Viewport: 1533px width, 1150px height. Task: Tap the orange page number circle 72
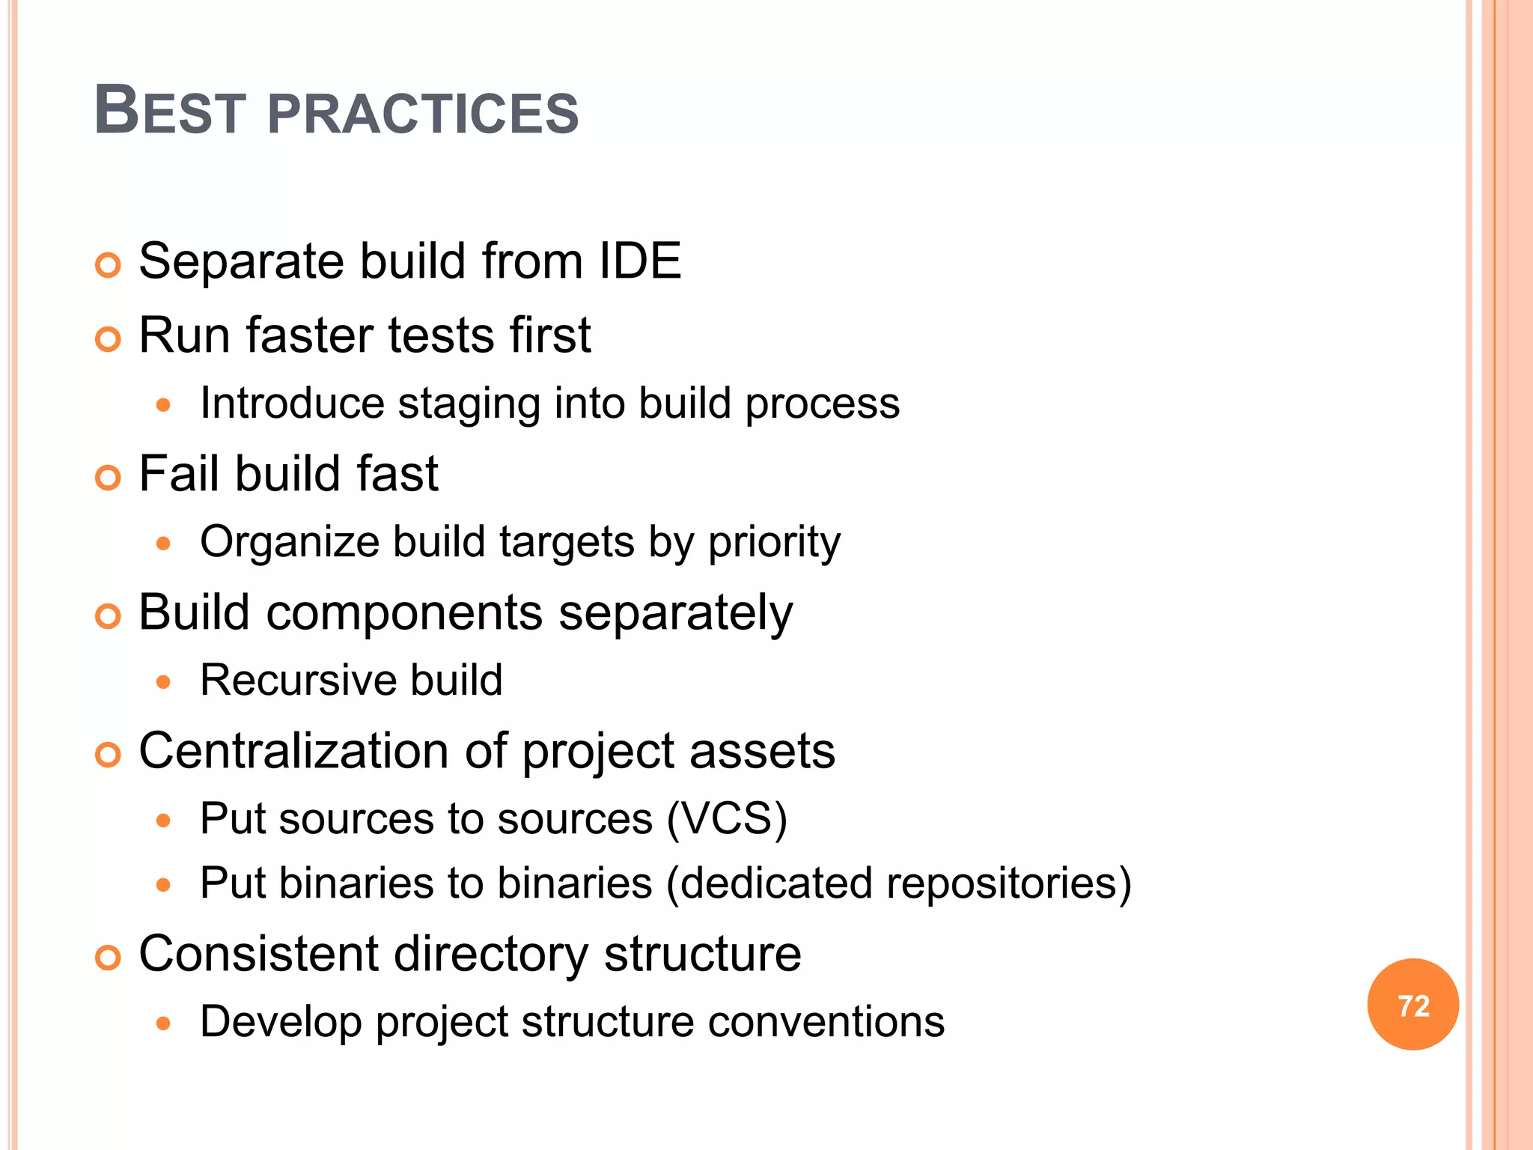[x=1412, y=1005]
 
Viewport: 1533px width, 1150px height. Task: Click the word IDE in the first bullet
[x=640, y=261]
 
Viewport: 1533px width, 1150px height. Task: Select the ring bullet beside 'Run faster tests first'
[x=109, y=339]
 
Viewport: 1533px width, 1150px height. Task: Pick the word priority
[x=774, y=543]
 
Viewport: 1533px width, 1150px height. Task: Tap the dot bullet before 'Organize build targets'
[x=164, y=544]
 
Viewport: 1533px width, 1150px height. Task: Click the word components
[x=405, y=612]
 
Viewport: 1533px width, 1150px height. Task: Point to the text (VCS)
[x=727, y=818]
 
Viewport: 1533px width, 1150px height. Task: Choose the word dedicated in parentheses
[x=776, y=883]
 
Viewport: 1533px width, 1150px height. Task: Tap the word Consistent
[x=259, y=954]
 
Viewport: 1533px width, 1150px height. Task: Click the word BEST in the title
[x=171, y=112]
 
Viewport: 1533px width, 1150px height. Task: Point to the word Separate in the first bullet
[x=242, y=261]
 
